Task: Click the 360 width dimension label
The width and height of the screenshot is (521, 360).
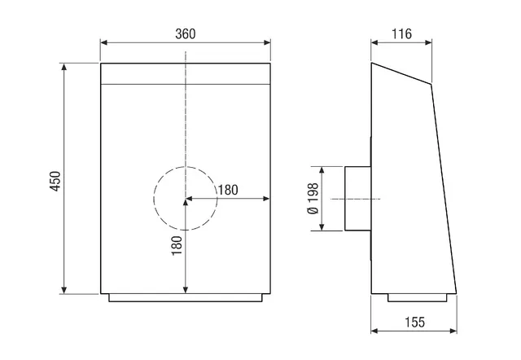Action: click(186, 34)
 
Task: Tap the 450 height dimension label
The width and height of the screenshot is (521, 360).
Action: click(55, 181)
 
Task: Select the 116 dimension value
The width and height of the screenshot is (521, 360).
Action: click(401, 34)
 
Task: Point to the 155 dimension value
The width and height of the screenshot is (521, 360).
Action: click(414, 322)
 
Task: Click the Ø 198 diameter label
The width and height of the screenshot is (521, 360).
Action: click(313, 199)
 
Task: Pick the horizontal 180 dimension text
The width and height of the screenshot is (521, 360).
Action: click(228, 190)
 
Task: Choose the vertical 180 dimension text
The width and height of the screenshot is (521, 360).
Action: click(177, 245)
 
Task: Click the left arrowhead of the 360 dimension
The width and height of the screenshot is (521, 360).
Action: click(104, 42)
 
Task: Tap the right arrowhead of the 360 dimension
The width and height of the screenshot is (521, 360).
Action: click(267, 42)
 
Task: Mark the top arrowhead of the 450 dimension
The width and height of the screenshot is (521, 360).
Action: click(64, 67)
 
